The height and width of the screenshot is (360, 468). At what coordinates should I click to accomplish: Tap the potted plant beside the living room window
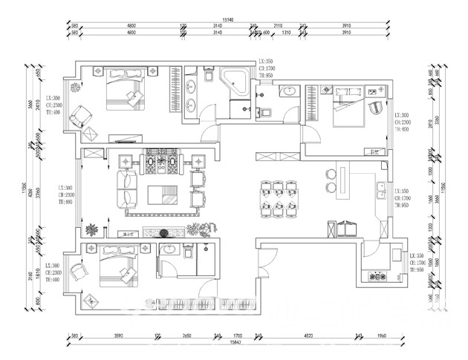coord(91,229)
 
